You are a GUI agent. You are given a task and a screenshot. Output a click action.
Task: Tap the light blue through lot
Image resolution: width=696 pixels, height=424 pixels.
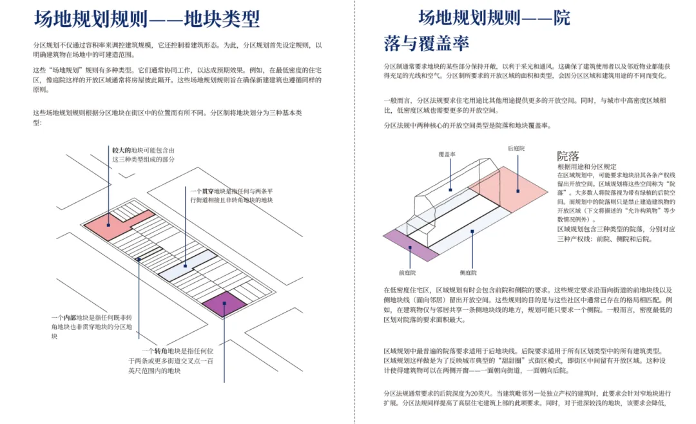[x=187, y=267]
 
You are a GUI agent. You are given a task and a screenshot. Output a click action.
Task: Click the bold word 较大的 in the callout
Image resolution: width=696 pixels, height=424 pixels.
[x=121, y=150]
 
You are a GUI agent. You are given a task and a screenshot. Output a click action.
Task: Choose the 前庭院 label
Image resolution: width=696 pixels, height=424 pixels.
[x=407, y=273]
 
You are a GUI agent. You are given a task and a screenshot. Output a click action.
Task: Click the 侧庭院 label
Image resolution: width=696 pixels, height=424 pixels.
[x=470, y=273]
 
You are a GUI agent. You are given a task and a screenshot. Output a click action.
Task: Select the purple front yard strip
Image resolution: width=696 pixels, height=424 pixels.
[x=411, y=245]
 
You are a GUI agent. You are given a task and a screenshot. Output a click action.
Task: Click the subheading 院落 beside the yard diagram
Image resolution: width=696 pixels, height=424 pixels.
[x=568, y=156]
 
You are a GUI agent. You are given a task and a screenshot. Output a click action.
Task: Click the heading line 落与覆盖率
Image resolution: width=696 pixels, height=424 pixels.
[x=427, y=44]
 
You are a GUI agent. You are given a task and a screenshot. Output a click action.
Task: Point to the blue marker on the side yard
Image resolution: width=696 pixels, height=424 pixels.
[x=472, y=231]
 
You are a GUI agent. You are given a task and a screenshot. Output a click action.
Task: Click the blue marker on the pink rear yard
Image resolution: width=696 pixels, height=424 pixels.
[x=517, y=191]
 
